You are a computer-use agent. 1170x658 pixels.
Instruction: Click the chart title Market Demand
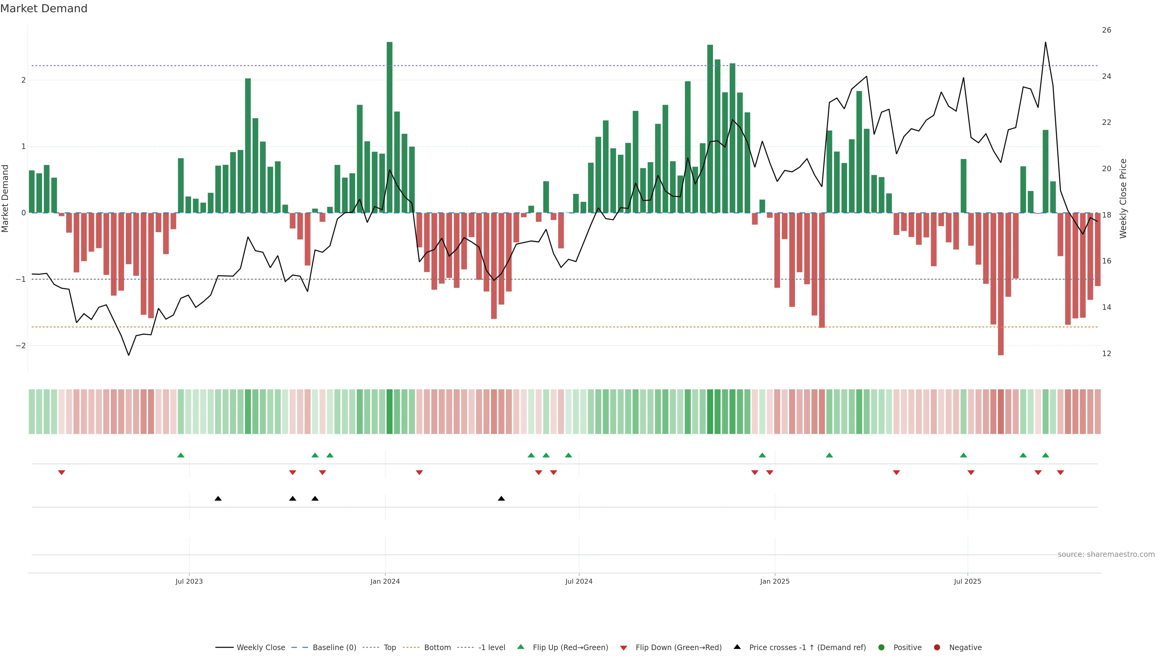tap(44, 9)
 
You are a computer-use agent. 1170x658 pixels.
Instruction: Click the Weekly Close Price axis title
tap(1123, 198)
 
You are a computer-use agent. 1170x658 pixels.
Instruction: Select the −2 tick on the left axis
tap(21, 345)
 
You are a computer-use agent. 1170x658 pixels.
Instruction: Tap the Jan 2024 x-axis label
tap(385, 581)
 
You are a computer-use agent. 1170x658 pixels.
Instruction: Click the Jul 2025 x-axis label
tap(967, 581)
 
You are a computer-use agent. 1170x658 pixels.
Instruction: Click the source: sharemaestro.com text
tap(1106, 554)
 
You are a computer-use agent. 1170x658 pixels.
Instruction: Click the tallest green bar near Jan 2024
tap(389, 127)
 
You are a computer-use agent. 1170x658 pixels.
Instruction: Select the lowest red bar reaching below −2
tap(1001, 284)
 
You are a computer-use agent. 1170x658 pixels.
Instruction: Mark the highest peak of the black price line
tap(1046, 43)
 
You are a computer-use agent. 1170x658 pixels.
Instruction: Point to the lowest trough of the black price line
tap(129, 355)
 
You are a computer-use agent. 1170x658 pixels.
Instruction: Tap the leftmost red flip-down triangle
tap(61, 473)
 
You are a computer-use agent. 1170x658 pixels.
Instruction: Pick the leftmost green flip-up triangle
tap(181, 455)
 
